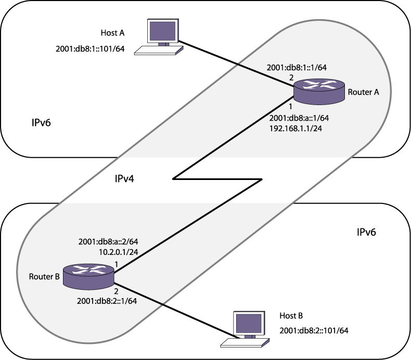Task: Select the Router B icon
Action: pyautogui.click(x=88, y=276)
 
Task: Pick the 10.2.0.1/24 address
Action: pyautogui.click(x=118, y=252)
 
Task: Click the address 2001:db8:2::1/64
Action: pyautogui.click(x=108, y=300)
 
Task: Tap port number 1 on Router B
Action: pyautogui.click(x=117, y=265)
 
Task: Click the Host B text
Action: pyautogui.click(x=291, y=316)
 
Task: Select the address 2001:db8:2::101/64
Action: pyautogui.click(x=314, y=330)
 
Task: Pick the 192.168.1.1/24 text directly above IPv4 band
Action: pyautogui.click(x=296, y=128)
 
